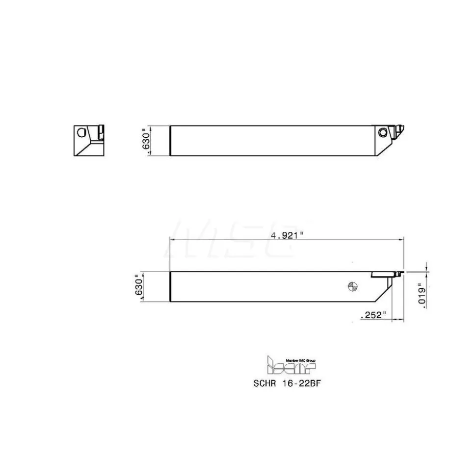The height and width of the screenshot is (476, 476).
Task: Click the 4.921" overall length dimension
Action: click(x=287, y=235)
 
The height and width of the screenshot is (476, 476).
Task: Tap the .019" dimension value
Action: click(x=422, y=296)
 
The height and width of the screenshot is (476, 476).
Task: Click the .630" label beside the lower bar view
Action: click(x=138, y=287)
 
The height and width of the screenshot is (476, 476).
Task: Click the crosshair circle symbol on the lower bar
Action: click(x=353, y=286)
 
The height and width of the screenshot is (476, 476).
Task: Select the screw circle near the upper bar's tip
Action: click(x=383, y=132)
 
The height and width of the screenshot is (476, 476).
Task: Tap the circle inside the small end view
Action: click(x=81, y=132)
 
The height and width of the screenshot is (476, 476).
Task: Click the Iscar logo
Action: click(x=291, y=365)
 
